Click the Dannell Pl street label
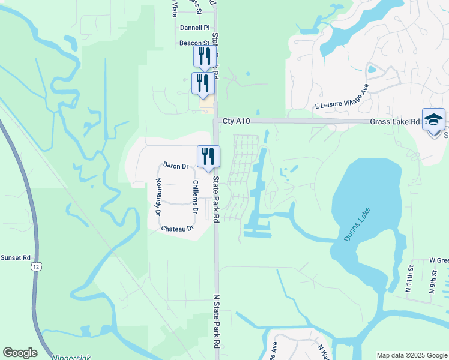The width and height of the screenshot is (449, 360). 194,28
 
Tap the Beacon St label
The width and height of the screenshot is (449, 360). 194,43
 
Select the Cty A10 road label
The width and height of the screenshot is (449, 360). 235,121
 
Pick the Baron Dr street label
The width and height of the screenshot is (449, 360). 176,165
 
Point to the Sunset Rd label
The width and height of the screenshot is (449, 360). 15,257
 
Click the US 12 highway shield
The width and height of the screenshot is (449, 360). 37,266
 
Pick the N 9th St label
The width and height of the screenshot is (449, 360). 432,283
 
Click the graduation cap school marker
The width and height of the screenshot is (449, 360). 433,120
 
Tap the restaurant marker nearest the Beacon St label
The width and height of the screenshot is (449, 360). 203,56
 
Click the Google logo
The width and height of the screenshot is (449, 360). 20,353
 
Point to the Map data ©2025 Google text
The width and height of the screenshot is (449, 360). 411,355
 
